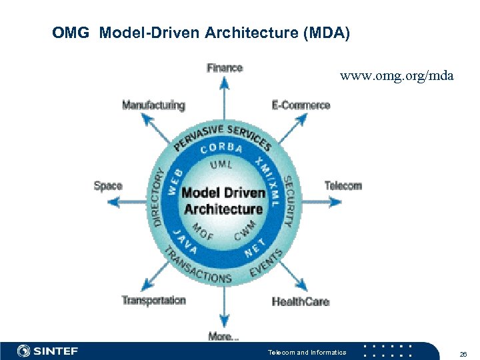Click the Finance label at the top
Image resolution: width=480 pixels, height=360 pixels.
pyautogui.click(x=225, y=68)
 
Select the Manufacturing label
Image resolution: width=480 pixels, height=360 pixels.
pyautogui.click(x=153, y=105)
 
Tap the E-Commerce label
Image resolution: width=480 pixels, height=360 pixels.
pyautogui.click(x=301, y=105)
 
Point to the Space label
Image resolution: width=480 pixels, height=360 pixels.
pyautogui.click(x=108, y=186)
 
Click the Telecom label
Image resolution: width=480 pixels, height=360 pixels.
pyautogui.click(x=343, y=186)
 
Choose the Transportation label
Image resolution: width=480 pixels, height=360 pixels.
pyautogui.click(x=153, y=301)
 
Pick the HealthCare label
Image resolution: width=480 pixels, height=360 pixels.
pyautogui.click(x=300, y=301)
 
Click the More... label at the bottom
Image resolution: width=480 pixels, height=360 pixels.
pyautogui.click(x=223, y=337)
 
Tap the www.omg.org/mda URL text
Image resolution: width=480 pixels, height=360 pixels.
pyautogui.click(x=397, y=76)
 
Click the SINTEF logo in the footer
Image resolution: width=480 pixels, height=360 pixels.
pyautogui.click(x=47, y=351)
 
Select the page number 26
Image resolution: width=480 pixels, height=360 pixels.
pyautogui.click(x=463, y=353)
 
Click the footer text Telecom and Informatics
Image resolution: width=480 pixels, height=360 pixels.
pyautogui.click(x=307, y=353)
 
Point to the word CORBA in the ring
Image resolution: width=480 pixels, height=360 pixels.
pyautogui.click(x=222, y=149)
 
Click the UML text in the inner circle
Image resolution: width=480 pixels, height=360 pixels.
pyautogui.click(x=222, y=165)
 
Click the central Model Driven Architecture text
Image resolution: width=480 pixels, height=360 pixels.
pyautogui.click(x=223, y=201)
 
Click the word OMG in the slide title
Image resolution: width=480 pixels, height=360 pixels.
pyautogui.click(x=70, y=33)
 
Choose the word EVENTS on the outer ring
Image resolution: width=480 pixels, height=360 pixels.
pyautogui.click(x=266, y=263)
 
